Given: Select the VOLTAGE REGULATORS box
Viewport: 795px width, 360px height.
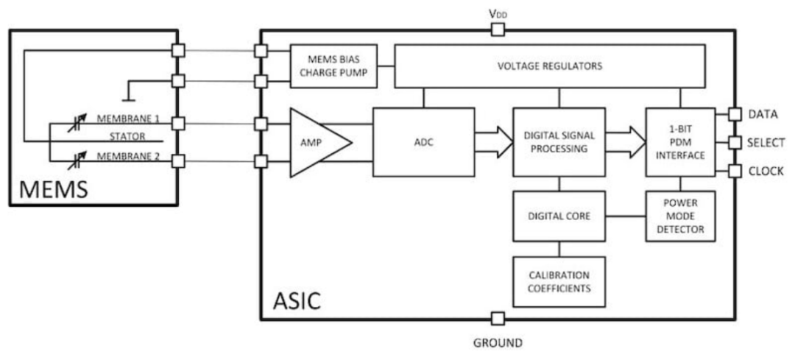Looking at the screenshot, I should coord(551,66).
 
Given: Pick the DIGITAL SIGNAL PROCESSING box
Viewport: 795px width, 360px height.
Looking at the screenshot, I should coord(559,142).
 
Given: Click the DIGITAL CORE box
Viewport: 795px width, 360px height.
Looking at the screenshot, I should coord(559,216).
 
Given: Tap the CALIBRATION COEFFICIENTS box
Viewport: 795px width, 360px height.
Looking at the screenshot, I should coord(559,281).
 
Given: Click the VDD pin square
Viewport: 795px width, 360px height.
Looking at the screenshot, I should coord(498,29).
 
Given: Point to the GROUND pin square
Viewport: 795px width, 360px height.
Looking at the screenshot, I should coord(498,319).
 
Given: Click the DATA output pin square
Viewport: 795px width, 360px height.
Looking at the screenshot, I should coord(734,115).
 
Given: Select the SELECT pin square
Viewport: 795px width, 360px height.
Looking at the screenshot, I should coord(734,142).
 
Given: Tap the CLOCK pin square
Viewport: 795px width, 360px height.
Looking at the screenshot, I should coord(734,171).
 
